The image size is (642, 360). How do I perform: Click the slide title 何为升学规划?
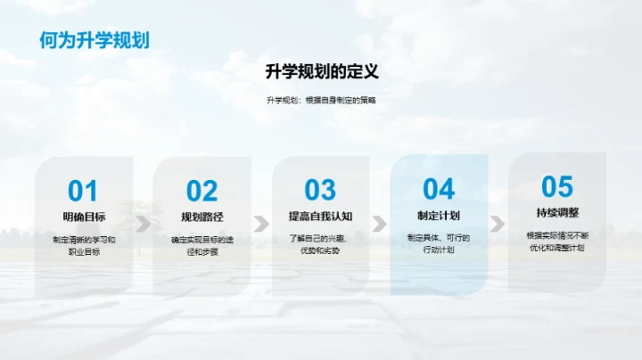(94, 40)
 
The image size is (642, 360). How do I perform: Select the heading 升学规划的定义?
(321, 71)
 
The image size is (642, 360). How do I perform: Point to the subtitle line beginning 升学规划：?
(321, 100)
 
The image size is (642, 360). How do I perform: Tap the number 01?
(83, 190)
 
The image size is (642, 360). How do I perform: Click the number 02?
(202, 190)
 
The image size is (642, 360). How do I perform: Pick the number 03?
(320, 190)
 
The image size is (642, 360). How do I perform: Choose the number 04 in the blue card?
(439, 188)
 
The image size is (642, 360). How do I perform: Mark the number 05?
(557, 186)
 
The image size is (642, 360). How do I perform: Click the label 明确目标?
(84, 217)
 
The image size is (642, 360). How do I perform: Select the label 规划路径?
(202, 217)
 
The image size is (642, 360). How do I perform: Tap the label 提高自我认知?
(320, 217)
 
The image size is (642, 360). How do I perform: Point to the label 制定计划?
(439, 216)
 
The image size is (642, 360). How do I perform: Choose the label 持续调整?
(557, 213)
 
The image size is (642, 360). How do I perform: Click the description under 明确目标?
(84, 245)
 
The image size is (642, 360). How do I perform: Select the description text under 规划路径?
(202, 245)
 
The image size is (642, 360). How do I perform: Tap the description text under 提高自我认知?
(320, 244)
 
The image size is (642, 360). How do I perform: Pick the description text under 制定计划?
(439, 243)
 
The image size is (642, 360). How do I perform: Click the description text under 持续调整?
(557, 241)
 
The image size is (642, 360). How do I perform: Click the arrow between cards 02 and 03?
(261, 223)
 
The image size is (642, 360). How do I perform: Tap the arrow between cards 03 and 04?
(380, 223)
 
